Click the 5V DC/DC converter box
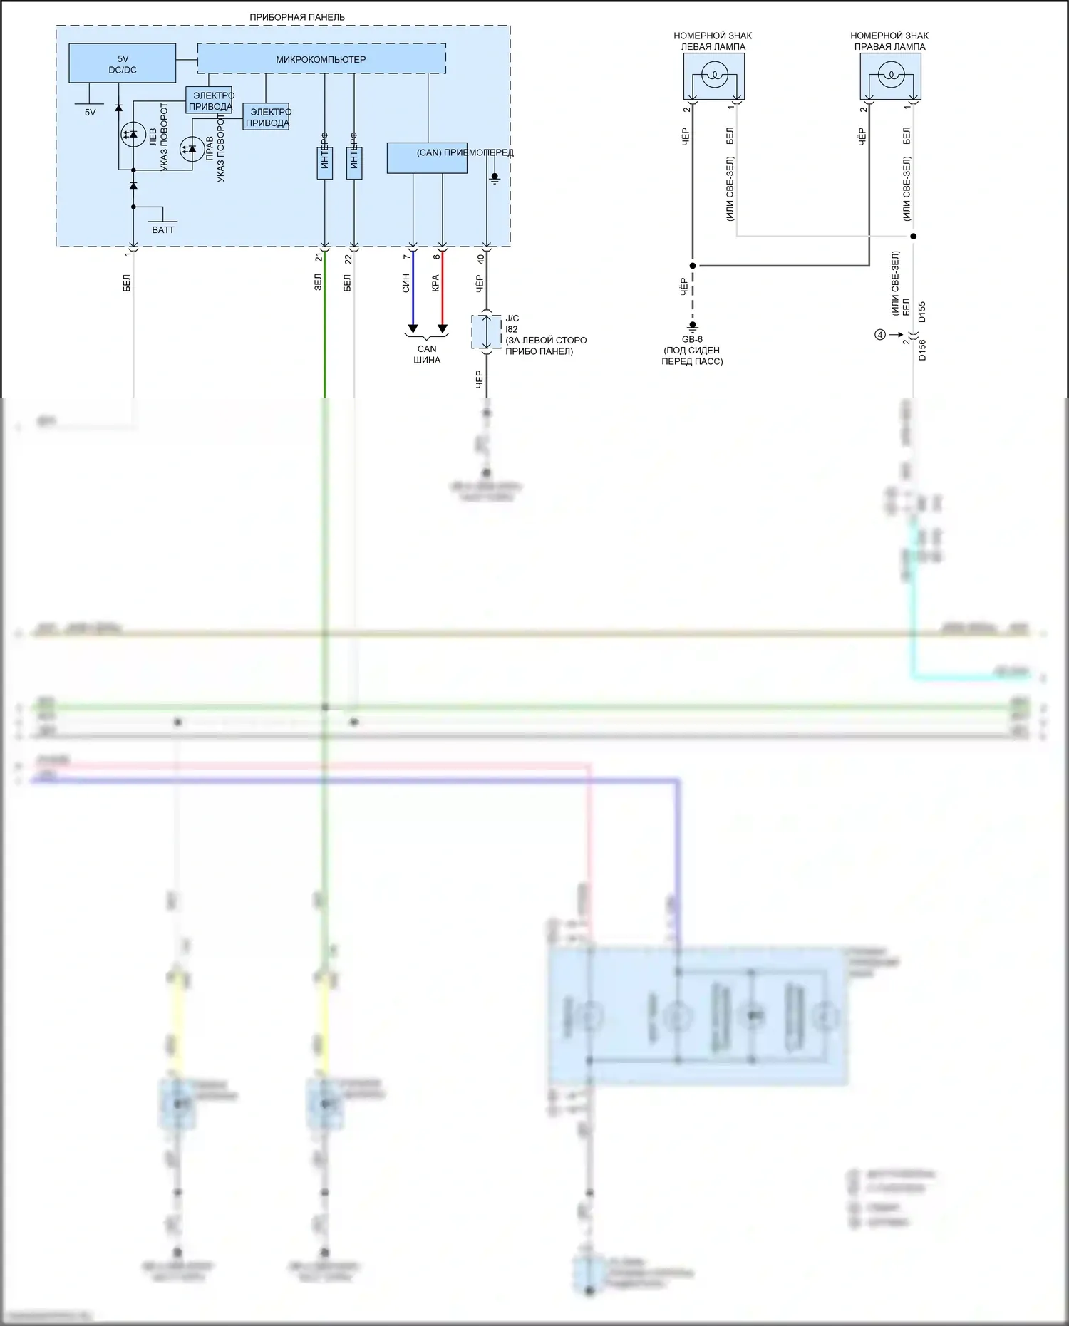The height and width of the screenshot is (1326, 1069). coord(122,63)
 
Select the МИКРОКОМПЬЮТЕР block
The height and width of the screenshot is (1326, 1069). coord(321,59)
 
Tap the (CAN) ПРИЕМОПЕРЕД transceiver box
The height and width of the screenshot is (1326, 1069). coord(427,158)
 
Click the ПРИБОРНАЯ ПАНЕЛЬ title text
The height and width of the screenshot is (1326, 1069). coord(296,17)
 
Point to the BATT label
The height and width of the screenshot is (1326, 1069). coord(162,229)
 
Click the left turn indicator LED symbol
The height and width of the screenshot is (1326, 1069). coord(133,135)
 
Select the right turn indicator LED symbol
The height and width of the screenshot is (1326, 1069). coord(191,149)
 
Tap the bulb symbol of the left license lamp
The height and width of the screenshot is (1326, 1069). coord(713,75)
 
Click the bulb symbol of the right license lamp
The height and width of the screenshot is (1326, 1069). coord(890,75)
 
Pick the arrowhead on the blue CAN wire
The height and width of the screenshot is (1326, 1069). coord(413,329)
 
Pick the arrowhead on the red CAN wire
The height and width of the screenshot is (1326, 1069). coord(442,329)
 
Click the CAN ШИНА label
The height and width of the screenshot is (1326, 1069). coord(427,354)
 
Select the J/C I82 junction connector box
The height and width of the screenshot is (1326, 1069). coord(487,332)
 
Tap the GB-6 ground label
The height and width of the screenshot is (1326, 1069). coord(692,339)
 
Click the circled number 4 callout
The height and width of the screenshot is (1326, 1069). coord(880,335)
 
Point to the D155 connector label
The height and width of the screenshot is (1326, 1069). coord(922,312)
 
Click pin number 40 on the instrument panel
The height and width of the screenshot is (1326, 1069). coord(480,259)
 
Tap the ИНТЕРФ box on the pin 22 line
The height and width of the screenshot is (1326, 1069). coord(354,162)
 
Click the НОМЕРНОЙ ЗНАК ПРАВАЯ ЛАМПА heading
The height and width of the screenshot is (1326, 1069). coord(889,41)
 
